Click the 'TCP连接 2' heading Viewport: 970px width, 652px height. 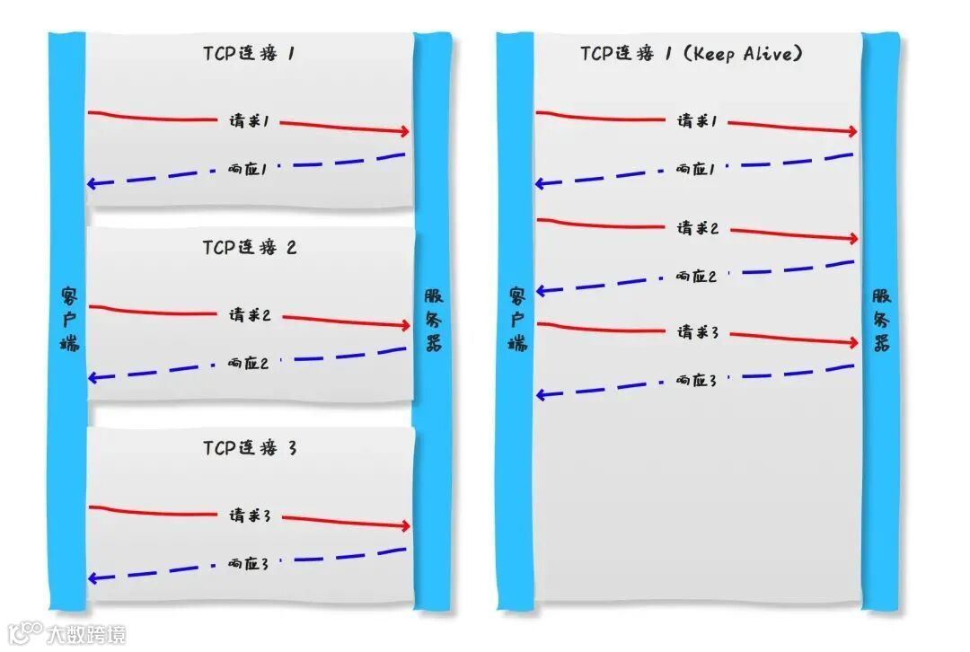(249, 248)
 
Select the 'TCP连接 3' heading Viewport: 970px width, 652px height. (249, 448)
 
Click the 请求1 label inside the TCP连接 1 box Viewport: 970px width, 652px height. (249, 121)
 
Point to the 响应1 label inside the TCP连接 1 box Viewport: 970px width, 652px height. (248, 168)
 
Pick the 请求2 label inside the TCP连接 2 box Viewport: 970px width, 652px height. (250, 315)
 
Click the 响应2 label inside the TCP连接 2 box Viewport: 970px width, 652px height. (248, 363)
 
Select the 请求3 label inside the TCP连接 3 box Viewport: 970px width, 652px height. (250, 516)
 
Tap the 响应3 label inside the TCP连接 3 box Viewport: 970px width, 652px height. (248, 564)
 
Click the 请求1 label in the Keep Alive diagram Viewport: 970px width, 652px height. (697, 121)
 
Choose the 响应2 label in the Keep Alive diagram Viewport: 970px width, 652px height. (697, 277)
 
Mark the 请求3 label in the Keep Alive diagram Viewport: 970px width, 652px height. (698, 333)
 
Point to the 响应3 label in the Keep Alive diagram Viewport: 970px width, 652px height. (697, 381)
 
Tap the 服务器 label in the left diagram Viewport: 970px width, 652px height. (433, 319)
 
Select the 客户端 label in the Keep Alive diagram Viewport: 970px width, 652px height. (517, 319)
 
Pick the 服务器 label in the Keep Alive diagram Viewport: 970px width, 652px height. (880, 319)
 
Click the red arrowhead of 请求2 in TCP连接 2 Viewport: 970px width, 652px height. (404, 326)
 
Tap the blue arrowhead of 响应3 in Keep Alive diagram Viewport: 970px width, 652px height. (542, 394)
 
